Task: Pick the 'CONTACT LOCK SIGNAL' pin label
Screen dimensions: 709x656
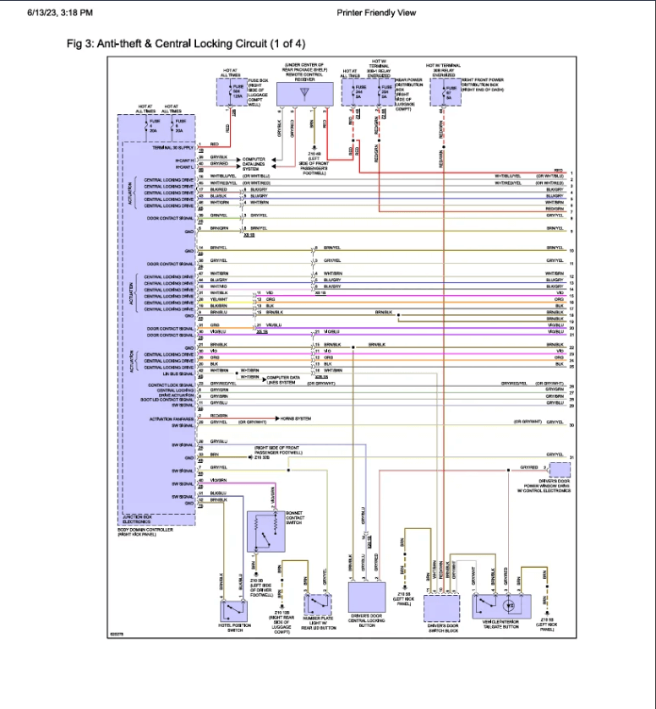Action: coord(173,384)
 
